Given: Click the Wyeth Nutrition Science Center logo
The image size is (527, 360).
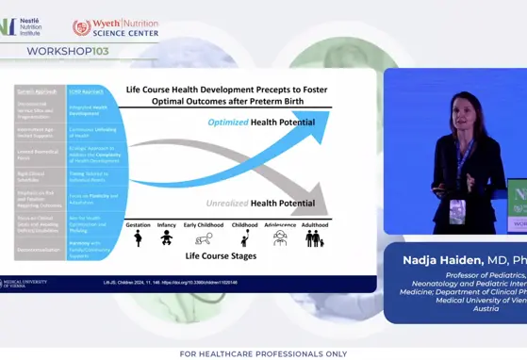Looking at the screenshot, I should point(115,27).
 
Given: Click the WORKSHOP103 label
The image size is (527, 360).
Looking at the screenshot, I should point(61,50).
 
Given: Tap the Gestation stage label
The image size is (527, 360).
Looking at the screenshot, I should point(139,225).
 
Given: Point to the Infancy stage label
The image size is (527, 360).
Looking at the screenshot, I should point(167,225).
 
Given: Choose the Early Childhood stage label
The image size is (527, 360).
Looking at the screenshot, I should point(205,225).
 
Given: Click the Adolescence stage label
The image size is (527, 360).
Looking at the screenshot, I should point(280,225).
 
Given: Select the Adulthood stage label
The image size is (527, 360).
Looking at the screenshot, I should point(315,225).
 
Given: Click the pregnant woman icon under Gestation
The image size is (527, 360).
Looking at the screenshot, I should point(139,239).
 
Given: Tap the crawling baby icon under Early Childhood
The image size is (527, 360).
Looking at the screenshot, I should point(204,240).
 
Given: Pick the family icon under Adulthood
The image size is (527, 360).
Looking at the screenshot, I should point(314,239).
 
